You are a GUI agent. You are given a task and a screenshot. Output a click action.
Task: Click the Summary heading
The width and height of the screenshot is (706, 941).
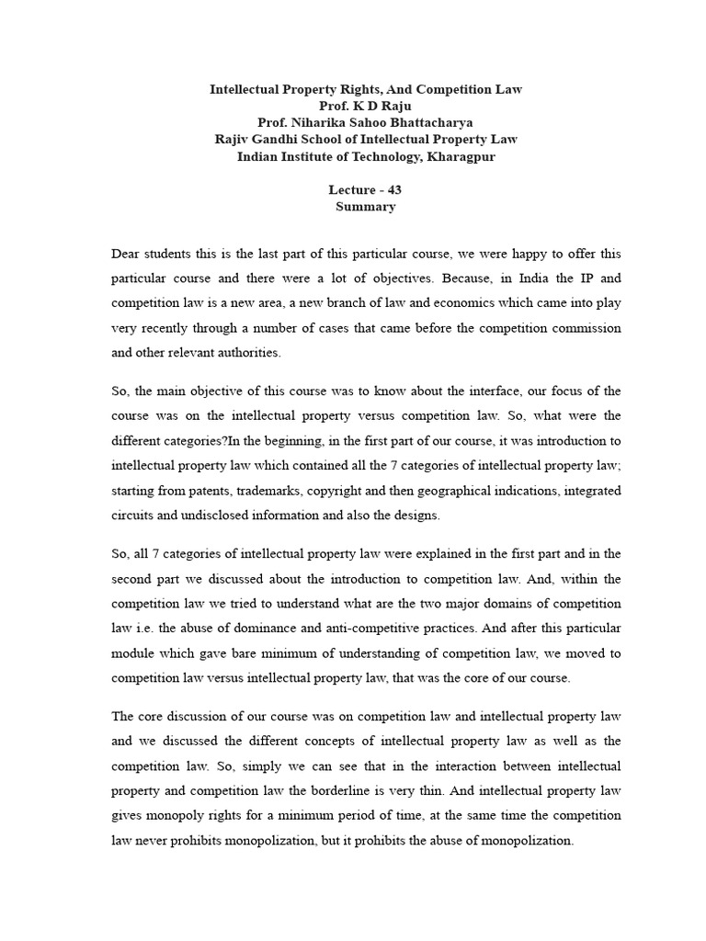tap(365, 207)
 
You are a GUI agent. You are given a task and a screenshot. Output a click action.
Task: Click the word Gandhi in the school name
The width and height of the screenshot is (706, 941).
tap(278, 140)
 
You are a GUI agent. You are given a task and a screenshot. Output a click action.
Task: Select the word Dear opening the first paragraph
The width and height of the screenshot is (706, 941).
tap(127, 253)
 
